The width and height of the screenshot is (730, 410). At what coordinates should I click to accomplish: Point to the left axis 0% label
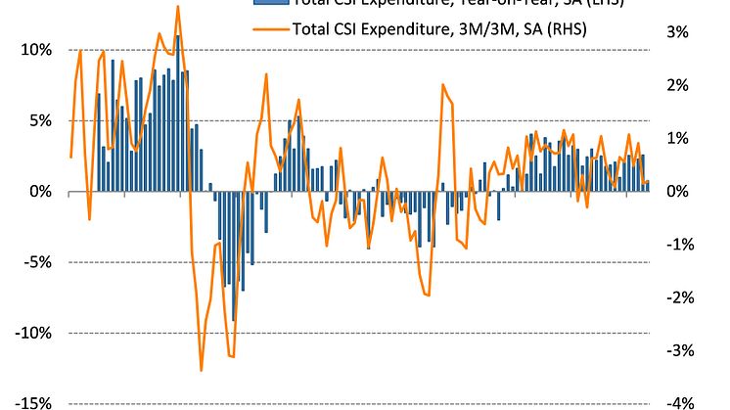coord(39,192)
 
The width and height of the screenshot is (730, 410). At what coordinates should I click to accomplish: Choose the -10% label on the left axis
coord(33,333)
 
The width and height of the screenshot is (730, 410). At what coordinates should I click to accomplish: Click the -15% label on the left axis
coord(33,402)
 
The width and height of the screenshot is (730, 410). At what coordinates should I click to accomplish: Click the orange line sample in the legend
coord(270,28)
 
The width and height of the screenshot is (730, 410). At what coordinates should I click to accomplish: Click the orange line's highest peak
coord(177,7)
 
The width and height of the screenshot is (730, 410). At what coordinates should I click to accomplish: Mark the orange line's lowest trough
coord(202,370)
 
